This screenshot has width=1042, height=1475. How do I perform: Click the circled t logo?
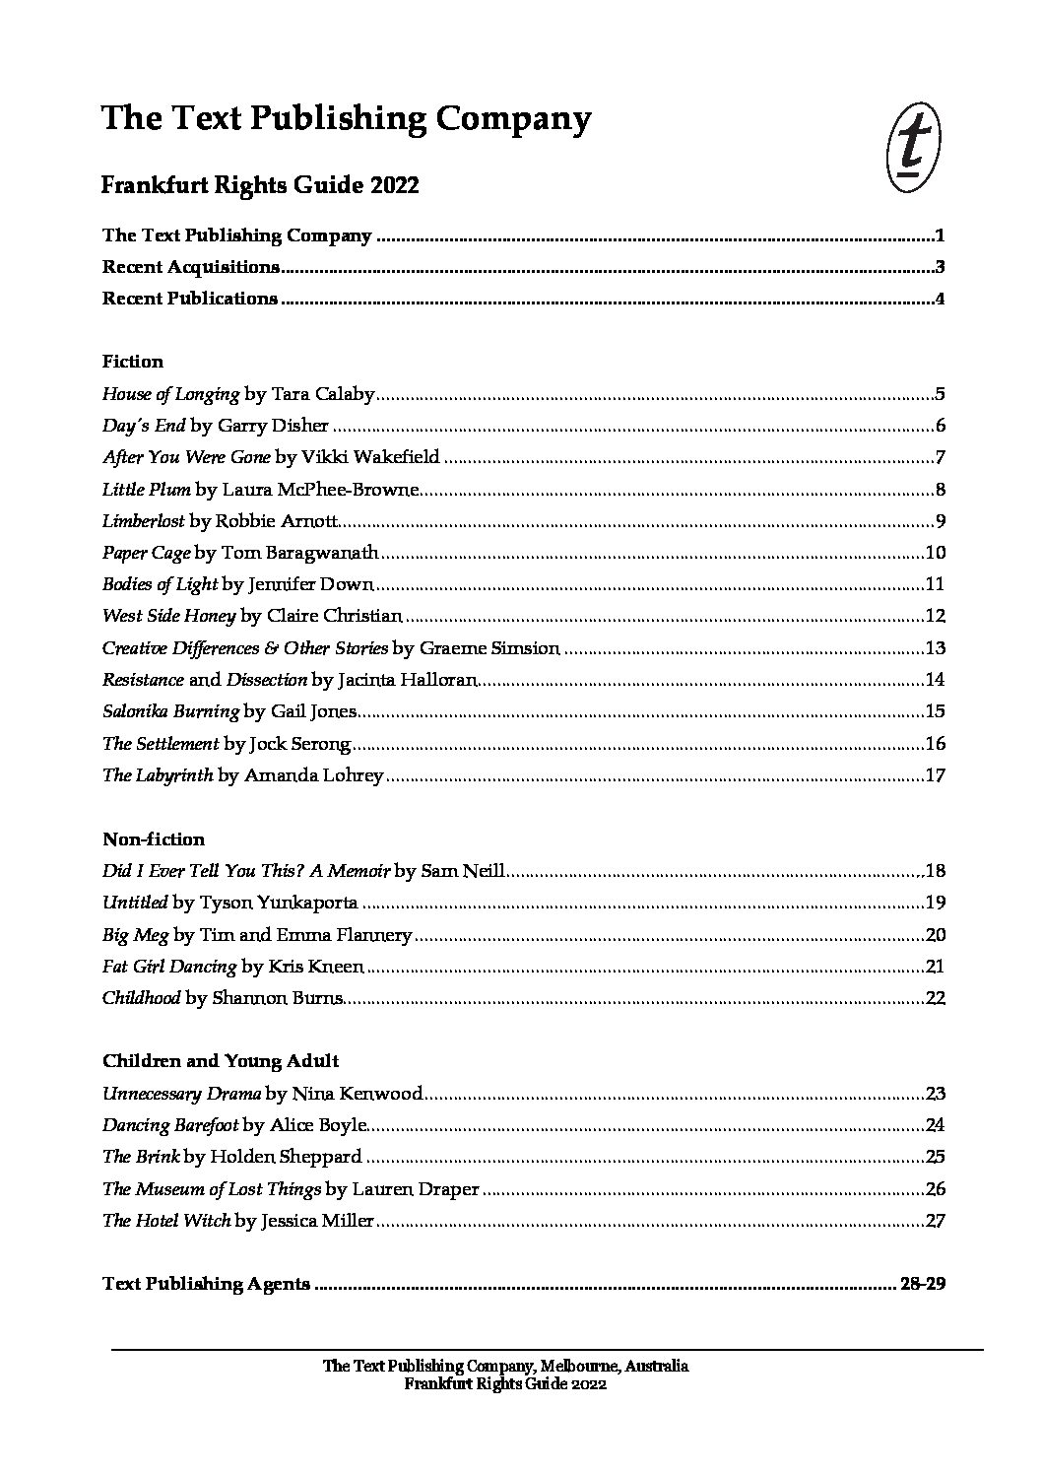point(913,150)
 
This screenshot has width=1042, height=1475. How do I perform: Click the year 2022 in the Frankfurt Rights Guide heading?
point(396,185)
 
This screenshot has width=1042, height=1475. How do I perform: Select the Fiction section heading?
point(133,362)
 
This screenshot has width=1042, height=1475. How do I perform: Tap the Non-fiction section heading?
point(154,839)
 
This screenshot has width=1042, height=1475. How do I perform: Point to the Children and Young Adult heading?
point(221,1061)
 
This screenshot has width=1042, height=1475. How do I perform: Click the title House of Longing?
point(170,394)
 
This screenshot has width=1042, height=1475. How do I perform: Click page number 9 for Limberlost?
point(941,521)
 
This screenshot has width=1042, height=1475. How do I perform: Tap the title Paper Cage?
point(146,553)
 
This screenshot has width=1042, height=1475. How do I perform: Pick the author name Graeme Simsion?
point(489,648)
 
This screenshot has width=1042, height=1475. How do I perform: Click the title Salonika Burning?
point(170,711)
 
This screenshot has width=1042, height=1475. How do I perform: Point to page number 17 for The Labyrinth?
point(936,775)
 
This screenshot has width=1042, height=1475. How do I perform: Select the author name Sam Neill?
point(463,871)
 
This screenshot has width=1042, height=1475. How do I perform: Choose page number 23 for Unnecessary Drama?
point(936,1094)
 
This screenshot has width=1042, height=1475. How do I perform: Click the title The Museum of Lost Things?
point(212,1189)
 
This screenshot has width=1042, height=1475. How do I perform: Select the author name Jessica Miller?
point(317,1221)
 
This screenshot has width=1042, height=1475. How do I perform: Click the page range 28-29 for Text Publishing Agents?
point(922,1284)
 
